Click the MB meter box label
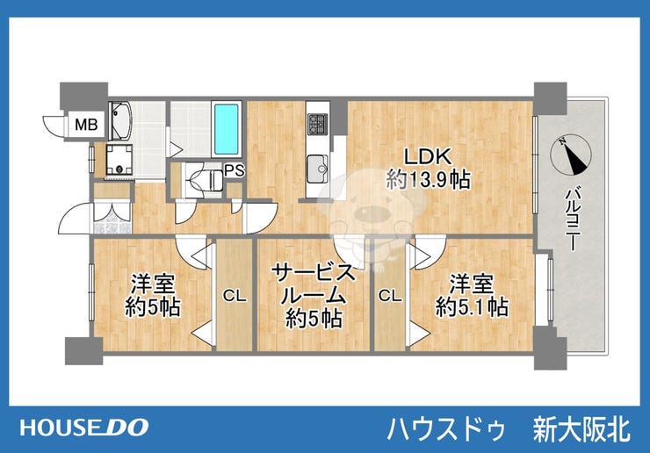[86, 125]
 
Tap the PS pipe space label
[235, 170]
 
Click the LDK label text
[428, 156]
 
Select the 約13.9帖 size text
[429, 180]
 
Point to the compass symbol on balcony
[570, 154]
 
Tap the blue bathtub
[227, 128]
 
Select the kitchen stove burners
[318, 124]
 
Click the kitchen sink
[318, 169]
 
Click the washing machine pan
[119, 160]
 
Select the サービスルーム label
[314, 284]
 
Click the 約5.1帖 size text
[472, 307]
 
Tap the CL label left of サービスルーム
[235, 296]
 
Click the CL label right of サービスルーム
[390, 296]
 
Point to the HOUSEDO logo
[84, 428]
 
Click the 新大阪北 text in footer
[581, 429]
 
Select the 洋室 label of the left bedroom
[153, 284]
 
